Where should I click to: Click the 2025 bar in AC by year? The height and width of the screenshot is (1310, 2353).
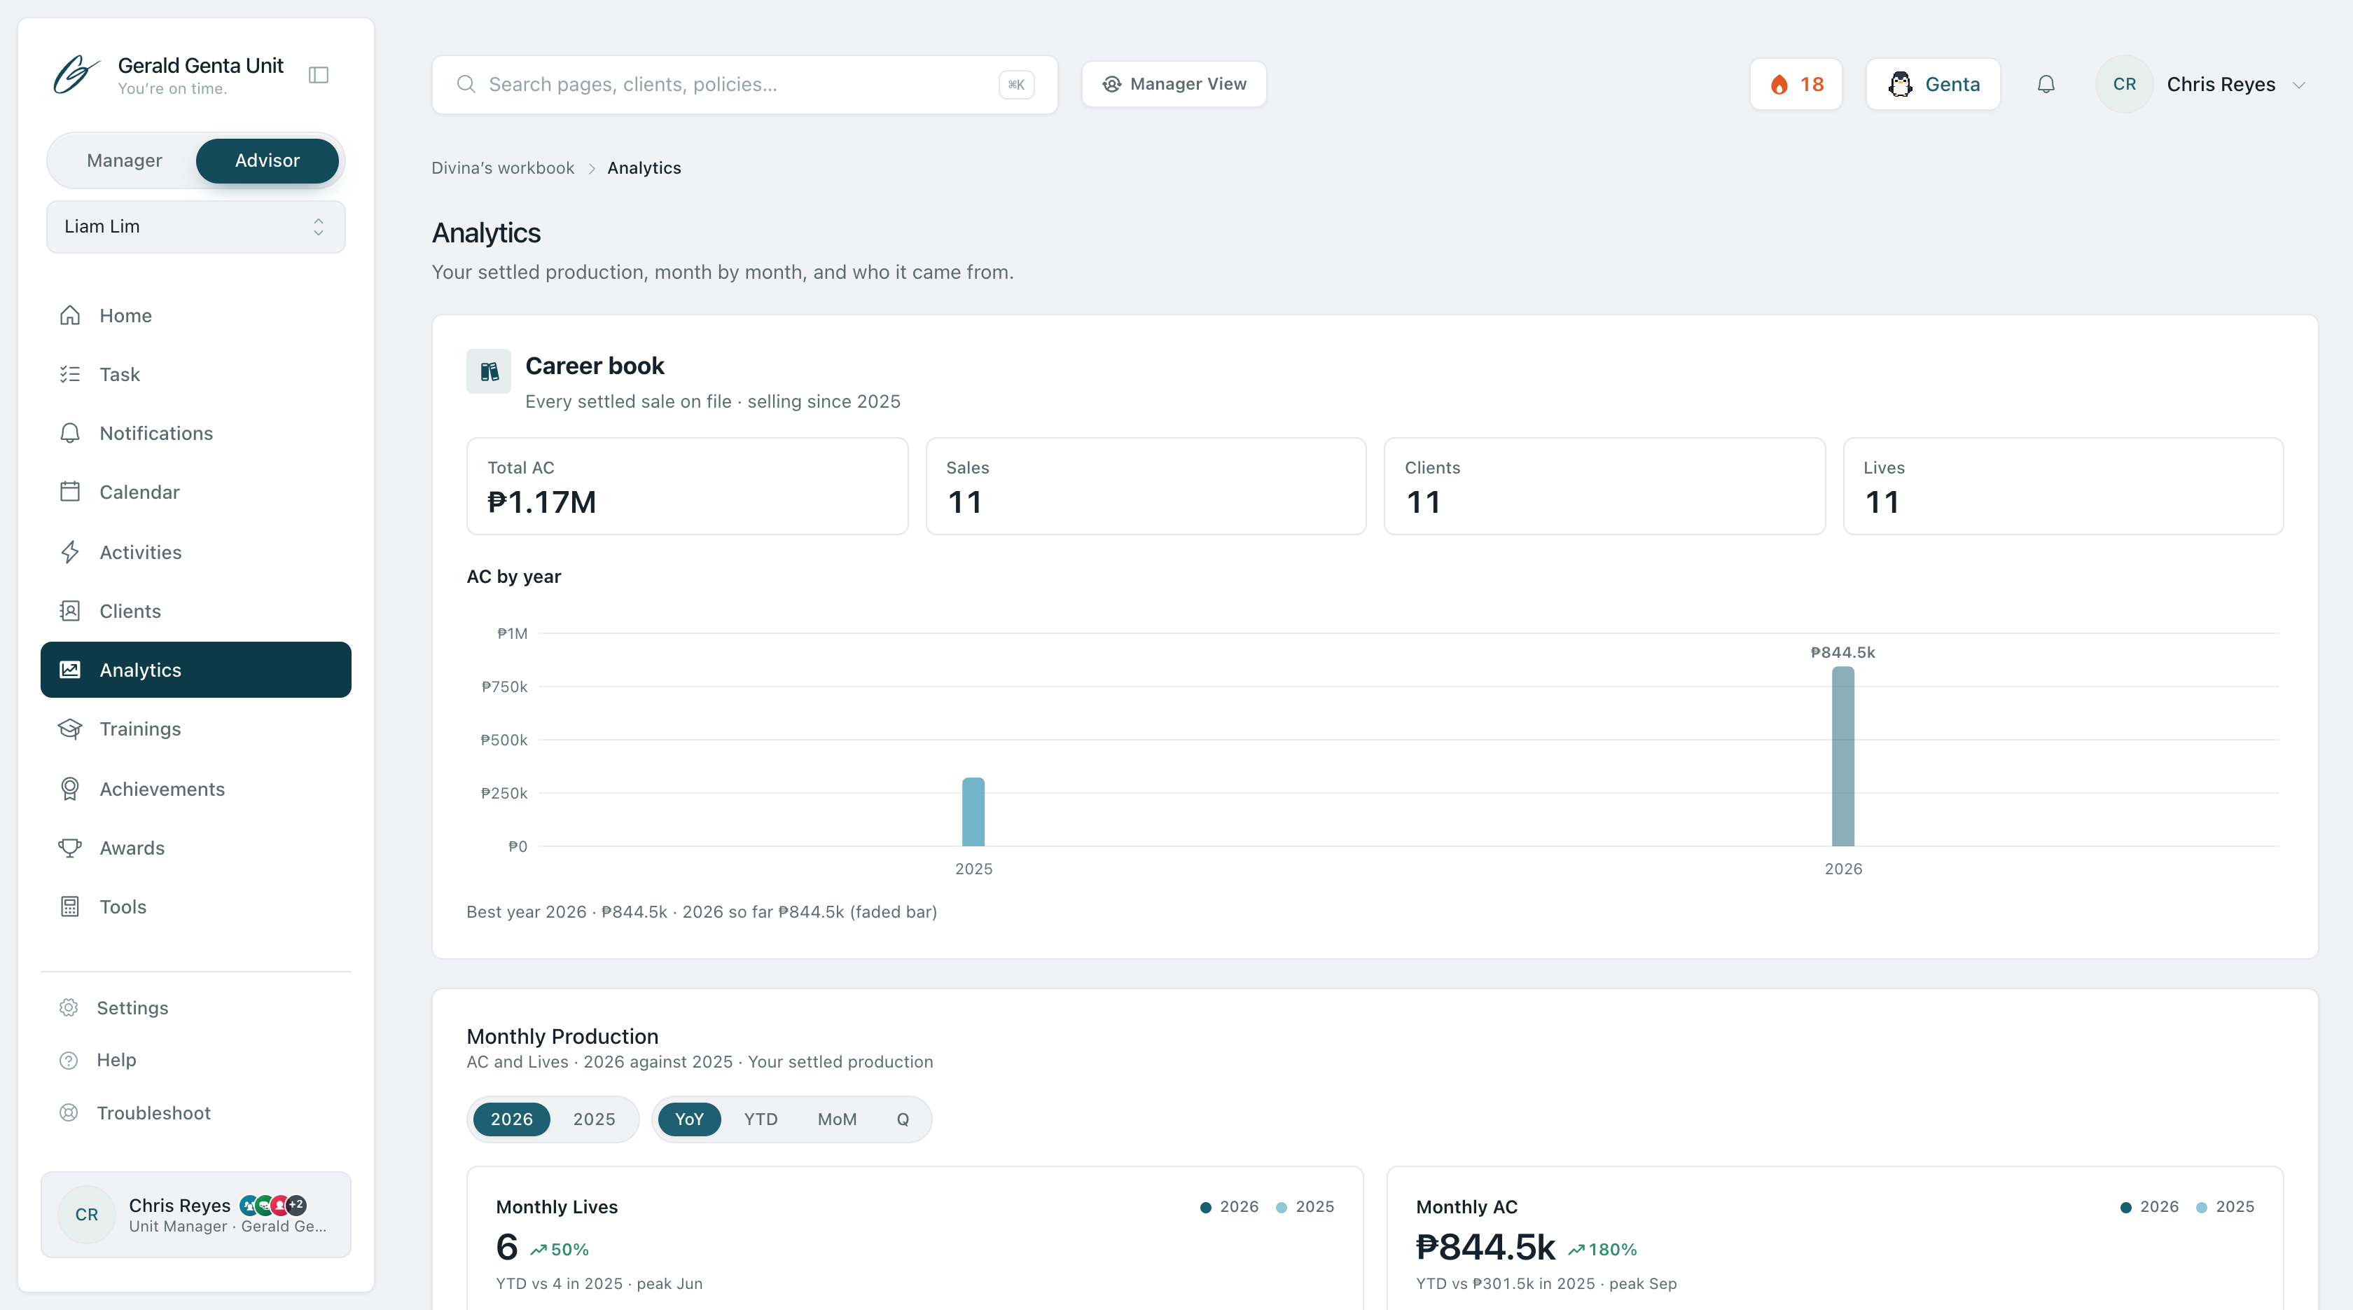click(973, 811)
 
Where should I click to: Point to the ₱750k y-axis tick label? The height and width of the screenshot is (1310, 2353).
click(504, 687)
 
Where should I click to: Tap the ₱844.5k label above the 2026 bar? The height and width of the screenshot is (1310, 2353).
click(1842, 652)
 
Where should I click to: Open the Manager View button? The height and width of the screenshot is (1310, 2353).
click(1174, 84)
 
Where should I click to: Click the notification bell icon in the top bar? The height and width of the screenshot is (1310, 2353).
click(2046, 84)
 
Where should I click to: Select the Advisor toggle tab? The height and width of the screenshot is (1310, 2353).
click(267, 161)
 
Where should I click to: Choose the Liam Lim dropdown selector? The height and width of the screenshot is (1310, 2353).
click(195, 226)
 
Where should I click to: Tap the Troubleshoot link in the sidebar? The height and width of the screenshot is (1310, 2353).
click(153, 1112)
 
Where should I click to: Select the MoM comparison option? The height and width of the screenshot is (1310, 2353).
click(837, 1119)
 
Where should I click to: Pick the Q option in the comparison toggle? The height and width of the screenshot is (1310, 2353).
click(903, 1119)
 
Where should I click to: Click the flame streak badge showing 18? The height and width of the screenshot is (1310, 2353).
click(1796, 84)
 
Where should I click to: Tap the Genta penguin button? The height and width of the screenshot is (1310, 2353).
click(1933, 84)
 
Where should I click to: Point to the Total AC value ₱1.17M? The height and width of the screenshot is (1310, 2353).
click(541, 502)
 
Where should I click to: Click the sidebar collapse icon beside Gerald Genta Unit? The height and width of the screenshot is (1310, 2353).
click(319, 75)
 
